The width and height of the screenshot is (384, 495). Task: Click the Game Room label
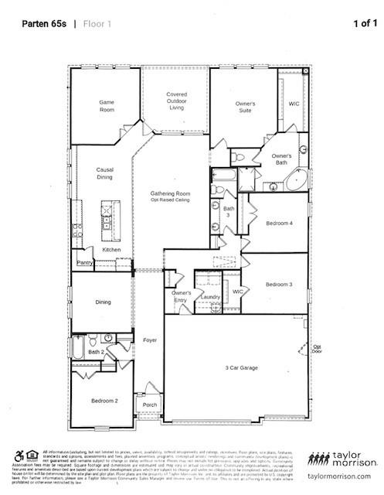[x=107, y=107]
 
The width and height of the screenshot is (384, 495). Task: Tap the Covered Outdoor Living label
[x=176, y=101]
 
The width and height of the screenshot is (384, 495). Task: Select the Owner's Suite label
[x=246, y=107]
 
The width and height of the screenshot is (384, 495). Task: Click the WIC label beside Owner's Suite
[x=294, y=103]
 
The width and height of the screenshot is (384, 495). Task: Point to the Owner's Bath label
[x=281, y=159]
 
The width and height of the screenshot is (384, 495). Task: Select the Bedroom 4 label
[x=279, y=223]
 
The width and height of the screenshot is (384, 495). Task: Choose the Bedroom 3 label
[x=279, y=285]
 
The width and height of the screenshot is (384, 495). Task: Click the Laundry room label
[x=209, y=296]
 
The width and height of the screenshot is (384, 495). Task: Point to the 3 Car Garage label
[x=241, y=367]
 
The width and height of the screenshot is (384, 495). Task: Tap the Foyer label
[x=149, y=340]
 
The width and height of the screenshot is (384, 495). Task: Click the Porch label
[x=149, y=404]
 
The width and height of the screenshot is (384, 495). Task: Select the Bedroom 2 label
[x=104, y=401]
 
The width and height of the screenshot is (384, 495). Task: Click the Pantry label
[x=84, y=263]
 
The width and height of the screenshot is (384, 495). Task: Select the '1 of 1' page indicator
[x=365, y=23]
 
